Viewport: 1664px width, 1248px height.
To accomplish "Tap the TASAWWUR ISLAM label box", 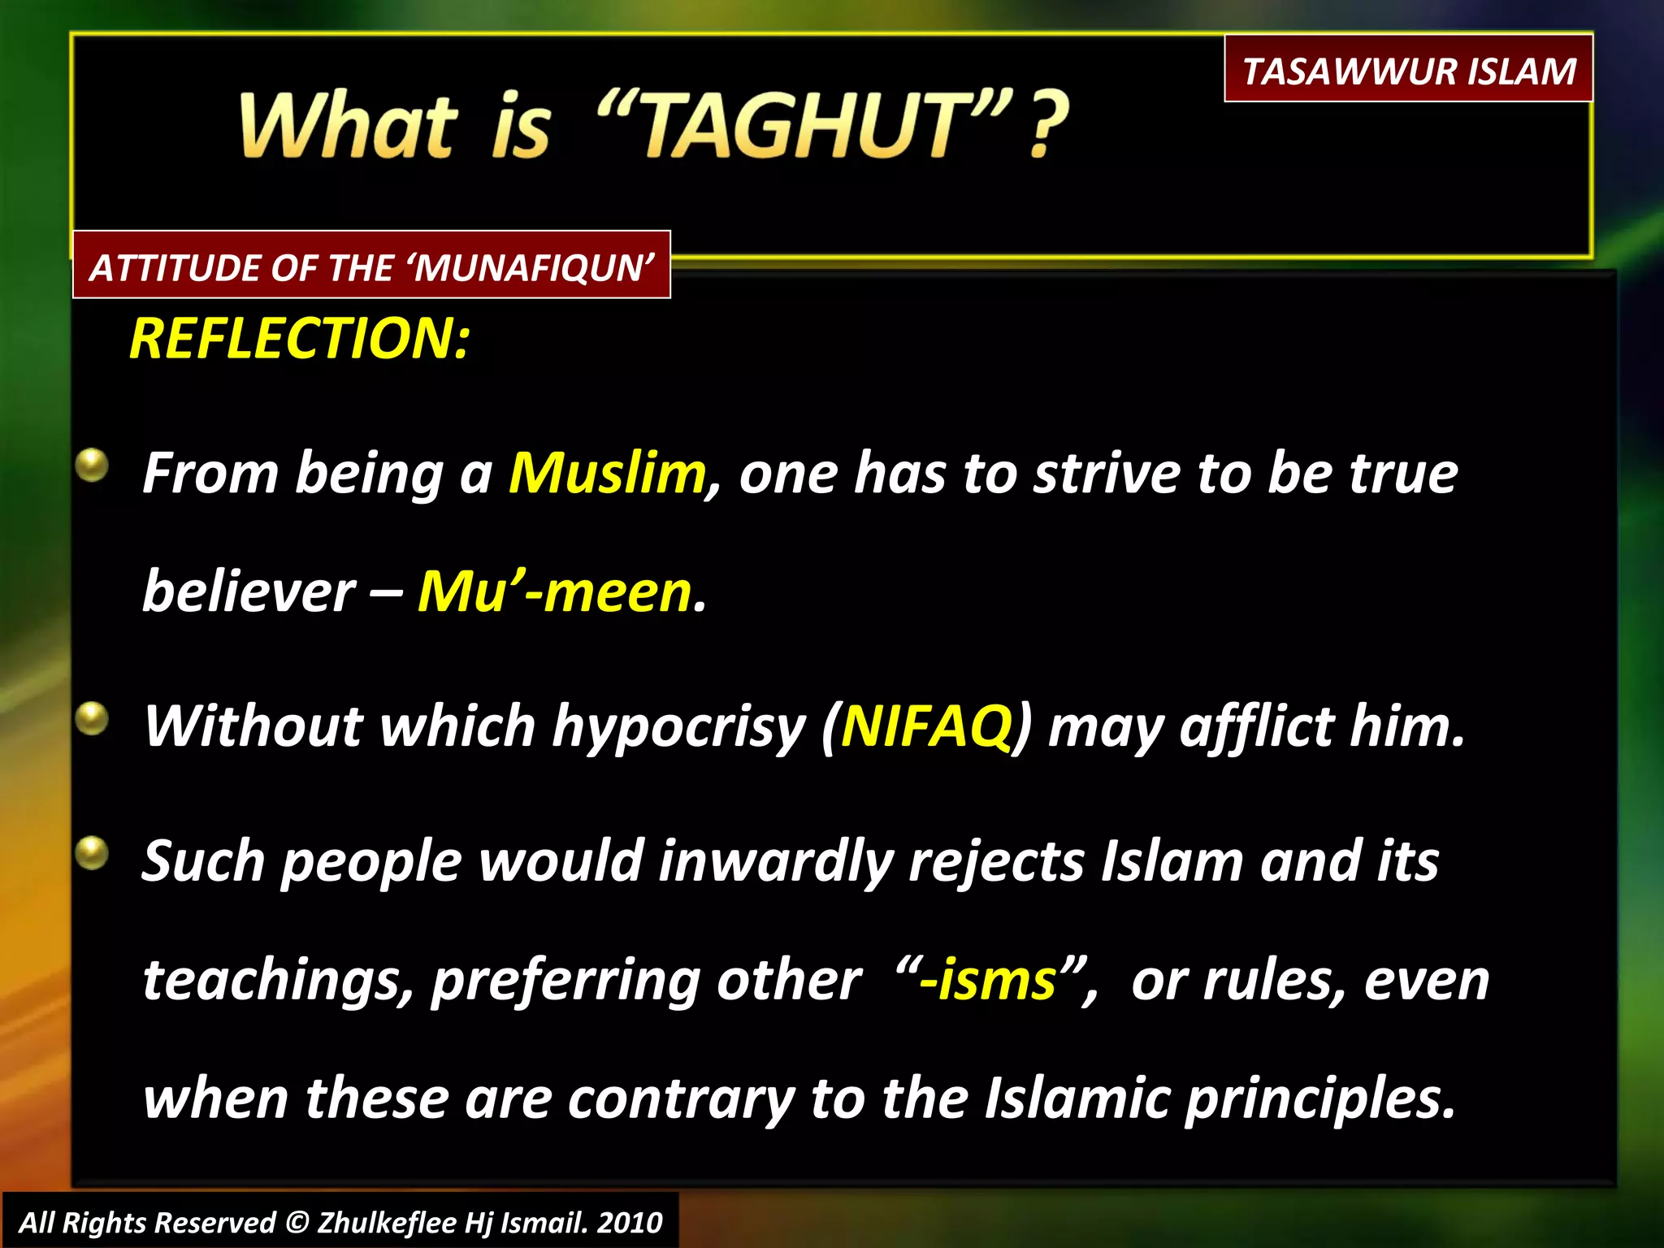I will click(x=1408, y=70).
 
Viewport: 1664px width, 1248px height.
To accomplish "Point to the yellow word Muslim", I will click(x=607, y=473).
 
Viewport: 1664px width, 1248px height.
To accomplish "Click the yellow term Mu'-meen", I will click(x=554, y=591).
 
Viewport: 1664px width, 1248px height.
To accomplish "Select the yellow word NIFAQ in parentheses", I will click(x=926, y=726).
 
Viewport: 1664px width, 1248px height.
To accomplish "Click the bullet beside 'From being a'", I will click(x=93, y=466).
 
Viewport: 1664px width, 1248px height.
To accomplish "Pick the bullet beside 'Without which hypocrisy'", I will click(x=93, y=718).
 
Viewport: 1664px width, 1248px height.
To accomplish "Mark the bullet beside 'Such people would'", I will click(x=93, y=853).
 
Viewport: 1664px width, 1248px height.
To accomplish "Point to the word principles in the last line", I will click(x=1319, y=1099).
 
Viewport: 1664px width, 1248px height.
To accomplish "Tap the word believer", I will click(x=249, y=591).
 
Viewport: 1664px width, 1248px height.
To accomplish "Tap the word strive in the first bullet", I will click(x=1107, y=473).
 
